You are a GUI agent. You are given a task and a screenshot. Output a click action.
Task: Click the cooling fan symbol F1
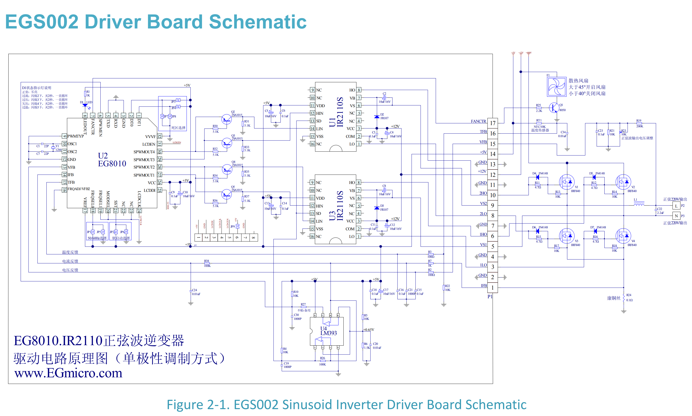coord(556,87)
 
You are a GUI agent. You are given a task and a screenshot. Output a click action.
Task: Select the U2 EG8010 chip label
coord(112,160)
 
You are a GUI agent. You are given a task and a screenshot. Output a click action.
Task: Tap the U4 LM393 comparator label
coord(328,331)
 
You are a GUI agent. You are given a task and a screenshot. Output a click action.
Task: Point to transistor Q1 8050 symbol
coord(554,107)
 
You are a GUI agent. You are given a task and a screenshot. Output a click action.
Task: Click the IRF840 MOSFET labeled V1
coord(566,182)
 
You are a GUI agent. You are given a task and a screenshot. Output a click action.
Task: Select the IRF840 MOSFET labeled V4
coord(623,236)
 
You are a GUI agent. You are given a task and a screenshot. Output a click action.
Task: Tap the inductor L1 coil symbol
coord(639,205)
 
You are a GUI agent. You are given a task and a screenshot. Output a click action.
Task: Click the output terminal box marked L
coord(676,206)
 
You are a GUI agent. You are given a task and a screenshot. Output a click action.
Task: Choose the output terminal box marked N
coord(676,216)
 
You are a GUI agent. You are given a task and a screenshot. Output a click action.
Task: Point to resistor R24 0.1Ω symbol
coord(624,297)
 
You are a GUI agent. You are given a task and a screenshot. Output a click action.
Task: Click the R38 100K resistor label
coord(207,263)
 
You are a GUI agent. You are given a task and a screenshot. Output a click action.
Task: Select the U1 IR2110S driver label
coord(336,112)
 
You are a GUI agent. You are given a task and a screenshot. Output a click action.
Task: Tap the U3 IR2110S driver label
coord(336,206)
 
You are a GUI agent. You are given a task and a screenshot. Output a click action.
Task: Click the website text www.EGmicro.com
coord(68,373)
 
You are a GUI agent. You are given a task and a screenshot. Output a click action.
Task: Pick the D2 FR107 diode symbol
coord(377,117)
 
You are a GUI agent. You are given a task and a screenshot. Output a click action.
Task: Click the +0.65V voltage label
coord(368,330)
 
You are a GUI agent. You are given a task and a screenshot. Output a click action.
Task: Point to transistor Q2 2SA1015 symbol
coord(226,119)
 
